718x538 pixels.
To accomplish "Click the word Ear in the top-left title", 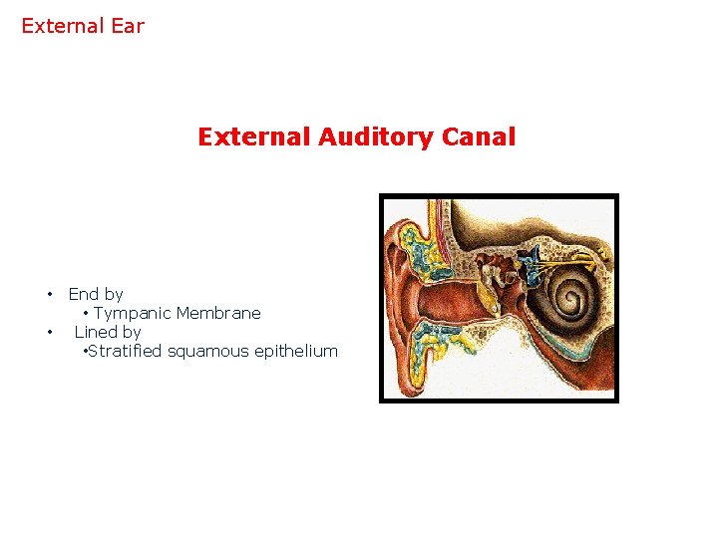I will coord(128,26).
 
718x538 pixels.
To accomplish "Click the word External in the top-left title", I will coord(63,26).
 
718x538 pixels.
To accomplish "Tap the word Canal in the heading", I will coord(481,136).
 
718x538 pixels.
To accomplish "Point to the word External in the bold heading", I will coord(254,136).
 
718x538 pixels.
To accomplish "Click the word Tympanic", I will coord(133,313).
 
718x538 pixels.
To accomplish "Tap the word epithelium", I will coord(297,351).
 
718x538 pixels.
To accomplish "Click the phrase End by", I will coord(96,294).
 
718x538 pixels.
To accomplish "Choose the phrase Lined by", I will coord(108,332).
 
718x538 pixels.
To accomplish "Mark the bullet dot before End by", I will coord(48,294).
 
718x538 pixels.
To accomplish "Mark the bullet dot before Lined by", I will coord(48,332).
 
